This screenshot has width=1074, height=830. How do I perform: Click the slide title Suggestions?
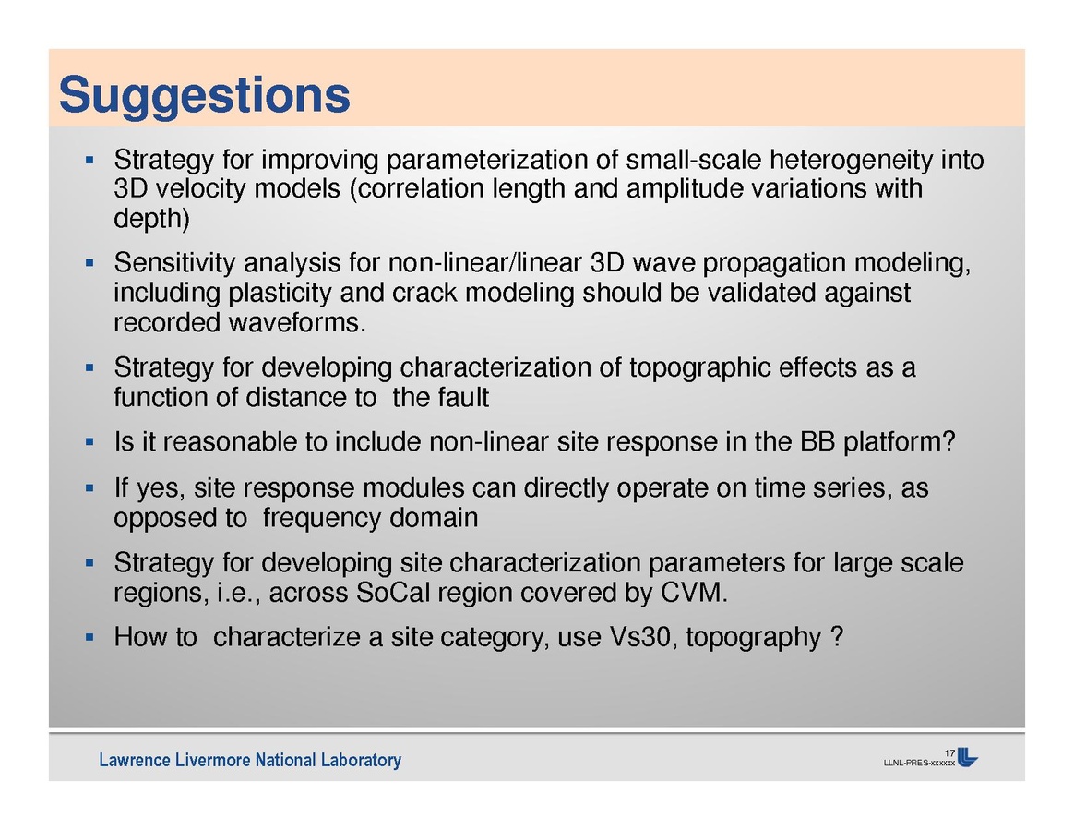(x=204, y=96)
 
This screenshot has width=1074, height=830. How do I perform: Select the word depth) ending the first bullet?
(x=151, y=218)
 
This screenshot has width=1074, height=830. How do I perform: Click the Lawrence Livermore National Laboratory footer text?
(x=250, y=760)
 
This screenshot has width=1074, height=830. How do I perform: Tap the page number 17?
(x=949, y=753)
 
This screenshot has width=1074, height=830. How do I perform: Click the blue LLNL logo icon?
(x=967, y=757)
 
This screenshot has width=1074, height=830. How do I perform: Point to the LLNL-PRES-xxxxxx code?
(x=919, y=763)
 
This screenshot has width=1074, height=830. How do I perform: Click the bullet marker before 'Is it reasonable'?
(x=89, y=442)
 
